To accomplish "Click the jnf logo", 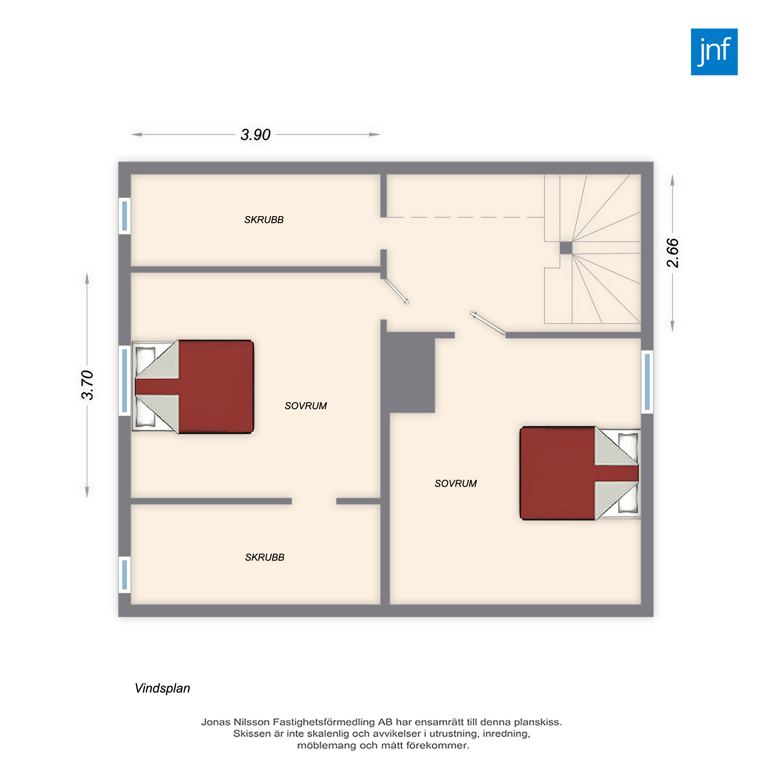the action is pos(714,52).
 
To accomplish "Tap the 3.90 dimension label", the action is pos(256,135).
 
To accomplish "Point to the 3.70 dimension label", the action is pos(87,385).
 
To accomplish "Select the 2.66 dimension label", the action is pos(672,253).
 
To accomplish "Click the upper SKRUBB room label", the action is pos(264,220).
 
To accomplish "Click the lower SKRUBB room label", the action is pos(265,557).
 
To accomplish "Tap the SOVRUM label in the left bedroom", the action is pos(306,406).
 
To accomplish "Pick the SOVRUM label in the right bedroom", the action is pos(456,483).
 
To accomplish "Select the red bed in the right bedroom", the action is pos(580,473).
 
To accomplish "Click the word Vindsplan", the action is pos(162,688).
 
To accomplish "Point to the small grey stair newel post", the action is pos(566,248).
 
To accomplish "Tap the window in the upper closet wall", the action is pos(125,216).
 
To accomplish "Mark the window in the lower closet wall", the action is pos(125,574).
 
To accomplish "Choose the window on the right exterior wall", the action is pos(647,382).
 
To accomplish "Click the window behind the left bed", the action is pos(125,381).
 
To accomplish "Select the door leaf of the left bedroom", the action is pos(397,291).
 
